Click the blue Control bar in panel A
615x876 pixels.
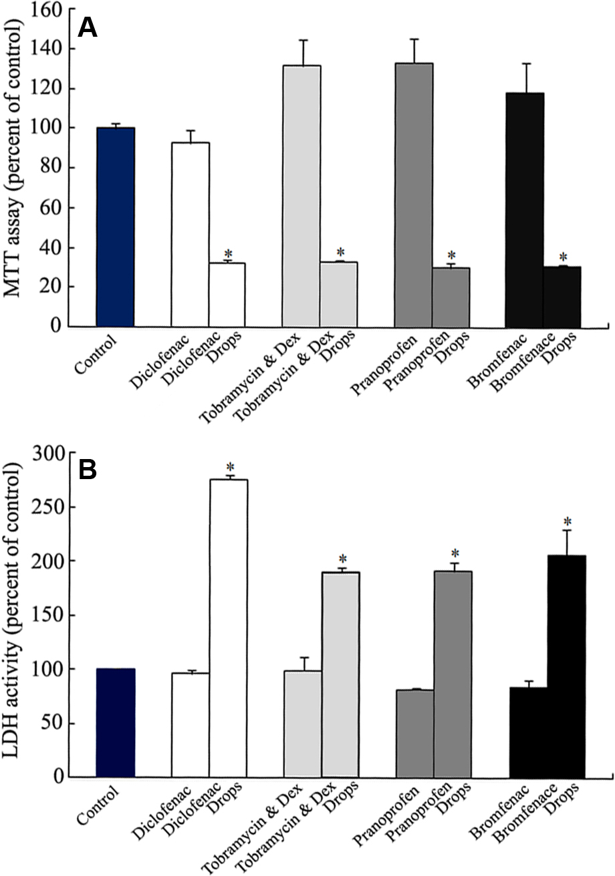pyautogui.click(x=116, y=227)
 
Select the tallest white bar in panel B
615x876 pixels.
pyautogui.click(x=229, y=628)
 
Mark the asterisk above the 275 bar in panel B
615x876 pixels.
pyautogui.click(x=229, y=466)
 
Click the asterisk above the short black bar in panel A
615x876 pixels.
pyautogui.click(x=563, y=257)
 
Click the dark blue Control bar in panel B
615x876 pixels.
pyautogui.click(x=116, y=722)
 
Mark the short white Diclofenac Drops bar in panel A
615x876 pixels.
pyautogui.click(x=227, y=295)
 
